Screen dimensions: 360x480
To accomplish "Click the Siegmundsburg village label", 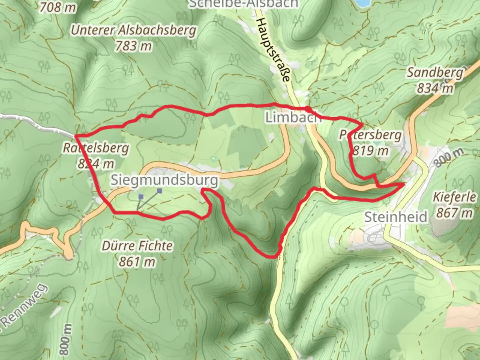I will click(164, 180).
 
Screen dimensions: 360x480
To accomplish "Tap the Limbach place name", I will click(293, 117).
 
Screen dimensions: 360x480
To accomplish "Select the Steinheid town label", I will click(396, 217).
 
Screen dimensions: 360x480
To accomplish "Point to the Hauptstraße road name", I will click(272, 50).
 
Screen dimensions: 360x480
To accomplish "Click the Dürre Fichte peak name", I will click(137, 246).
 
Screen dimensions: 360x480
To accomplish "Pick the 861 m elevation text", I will click(137, 262).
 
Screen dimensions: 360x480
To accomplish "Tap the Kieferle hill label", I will click(455, 197).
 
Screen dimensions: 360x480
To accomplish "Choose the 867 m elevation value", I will click(455, 212).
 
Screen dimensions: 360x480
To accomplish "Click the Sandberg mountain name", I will click(435, 73).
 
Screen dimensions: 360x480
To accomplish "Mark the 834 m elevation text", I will click(435, 88).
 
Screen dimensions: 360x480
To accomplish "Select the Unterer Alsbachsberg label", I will click(133, 31).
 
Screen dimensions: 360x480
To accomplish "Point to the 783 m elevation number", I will click(133, 46).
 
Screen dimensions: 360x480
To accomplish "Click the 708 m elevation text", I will click(58, 7).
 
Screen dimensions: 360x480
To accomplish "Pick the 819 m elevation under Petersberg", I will click(370, 151).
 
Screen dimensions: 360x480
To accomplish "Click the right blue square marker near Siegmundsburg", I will click(160, 191).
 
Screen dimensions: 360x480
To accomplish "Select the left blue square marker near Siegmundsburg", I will click(141, 197).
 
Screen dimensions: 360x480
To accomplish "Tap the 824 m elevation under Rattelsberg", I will click(96, 164).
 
